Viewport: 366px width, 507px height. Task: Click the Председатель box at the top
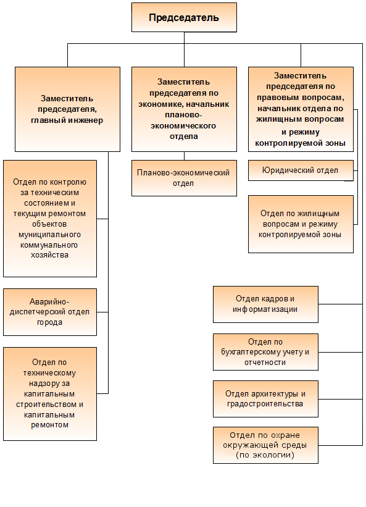coord(184,17)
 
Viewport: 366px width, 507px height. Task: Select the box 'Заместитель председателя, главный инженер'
coord(67,109)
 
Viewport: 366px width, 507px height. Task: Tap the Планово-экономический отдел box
coord(184,178)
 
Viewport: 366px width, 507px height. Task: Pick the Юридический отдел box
coord(301,170)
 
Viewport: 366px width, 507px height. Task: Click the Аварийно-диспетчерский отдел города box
coord(50,312)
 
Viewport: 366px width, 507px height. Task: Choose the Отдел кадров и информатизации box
coord(265,304)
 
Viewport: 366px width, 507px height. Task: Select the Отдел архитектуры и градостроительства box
coord(265,399)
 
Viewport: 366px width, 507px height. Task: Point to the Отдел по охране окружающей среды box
coord(265,445)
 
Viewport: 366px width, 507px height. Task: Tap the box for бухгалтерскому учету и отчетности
coord(265,352)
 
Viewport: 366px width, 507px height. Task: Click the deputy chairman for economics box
coord(184,109)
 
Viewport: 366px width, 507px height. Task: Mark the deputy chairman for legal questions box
coord(301,109)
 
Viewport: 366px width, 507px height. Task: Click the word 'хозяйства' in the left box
coord(50,255)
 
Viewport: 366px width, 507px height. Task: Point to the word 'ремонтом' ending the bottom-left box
coord(50,425)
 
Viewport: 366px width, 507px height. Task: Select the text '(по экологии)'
coord(265,455)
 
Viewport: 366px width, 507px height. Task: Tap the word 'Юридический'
coord(283,170)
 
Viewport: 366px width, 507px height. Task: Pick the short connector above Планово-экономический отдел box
coord(184,156)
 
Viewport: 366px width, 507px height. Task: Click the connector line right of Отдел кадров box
coord(340,304)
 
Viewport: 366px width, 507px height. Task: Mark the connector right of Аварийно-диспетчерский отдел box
coord(102,312)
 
